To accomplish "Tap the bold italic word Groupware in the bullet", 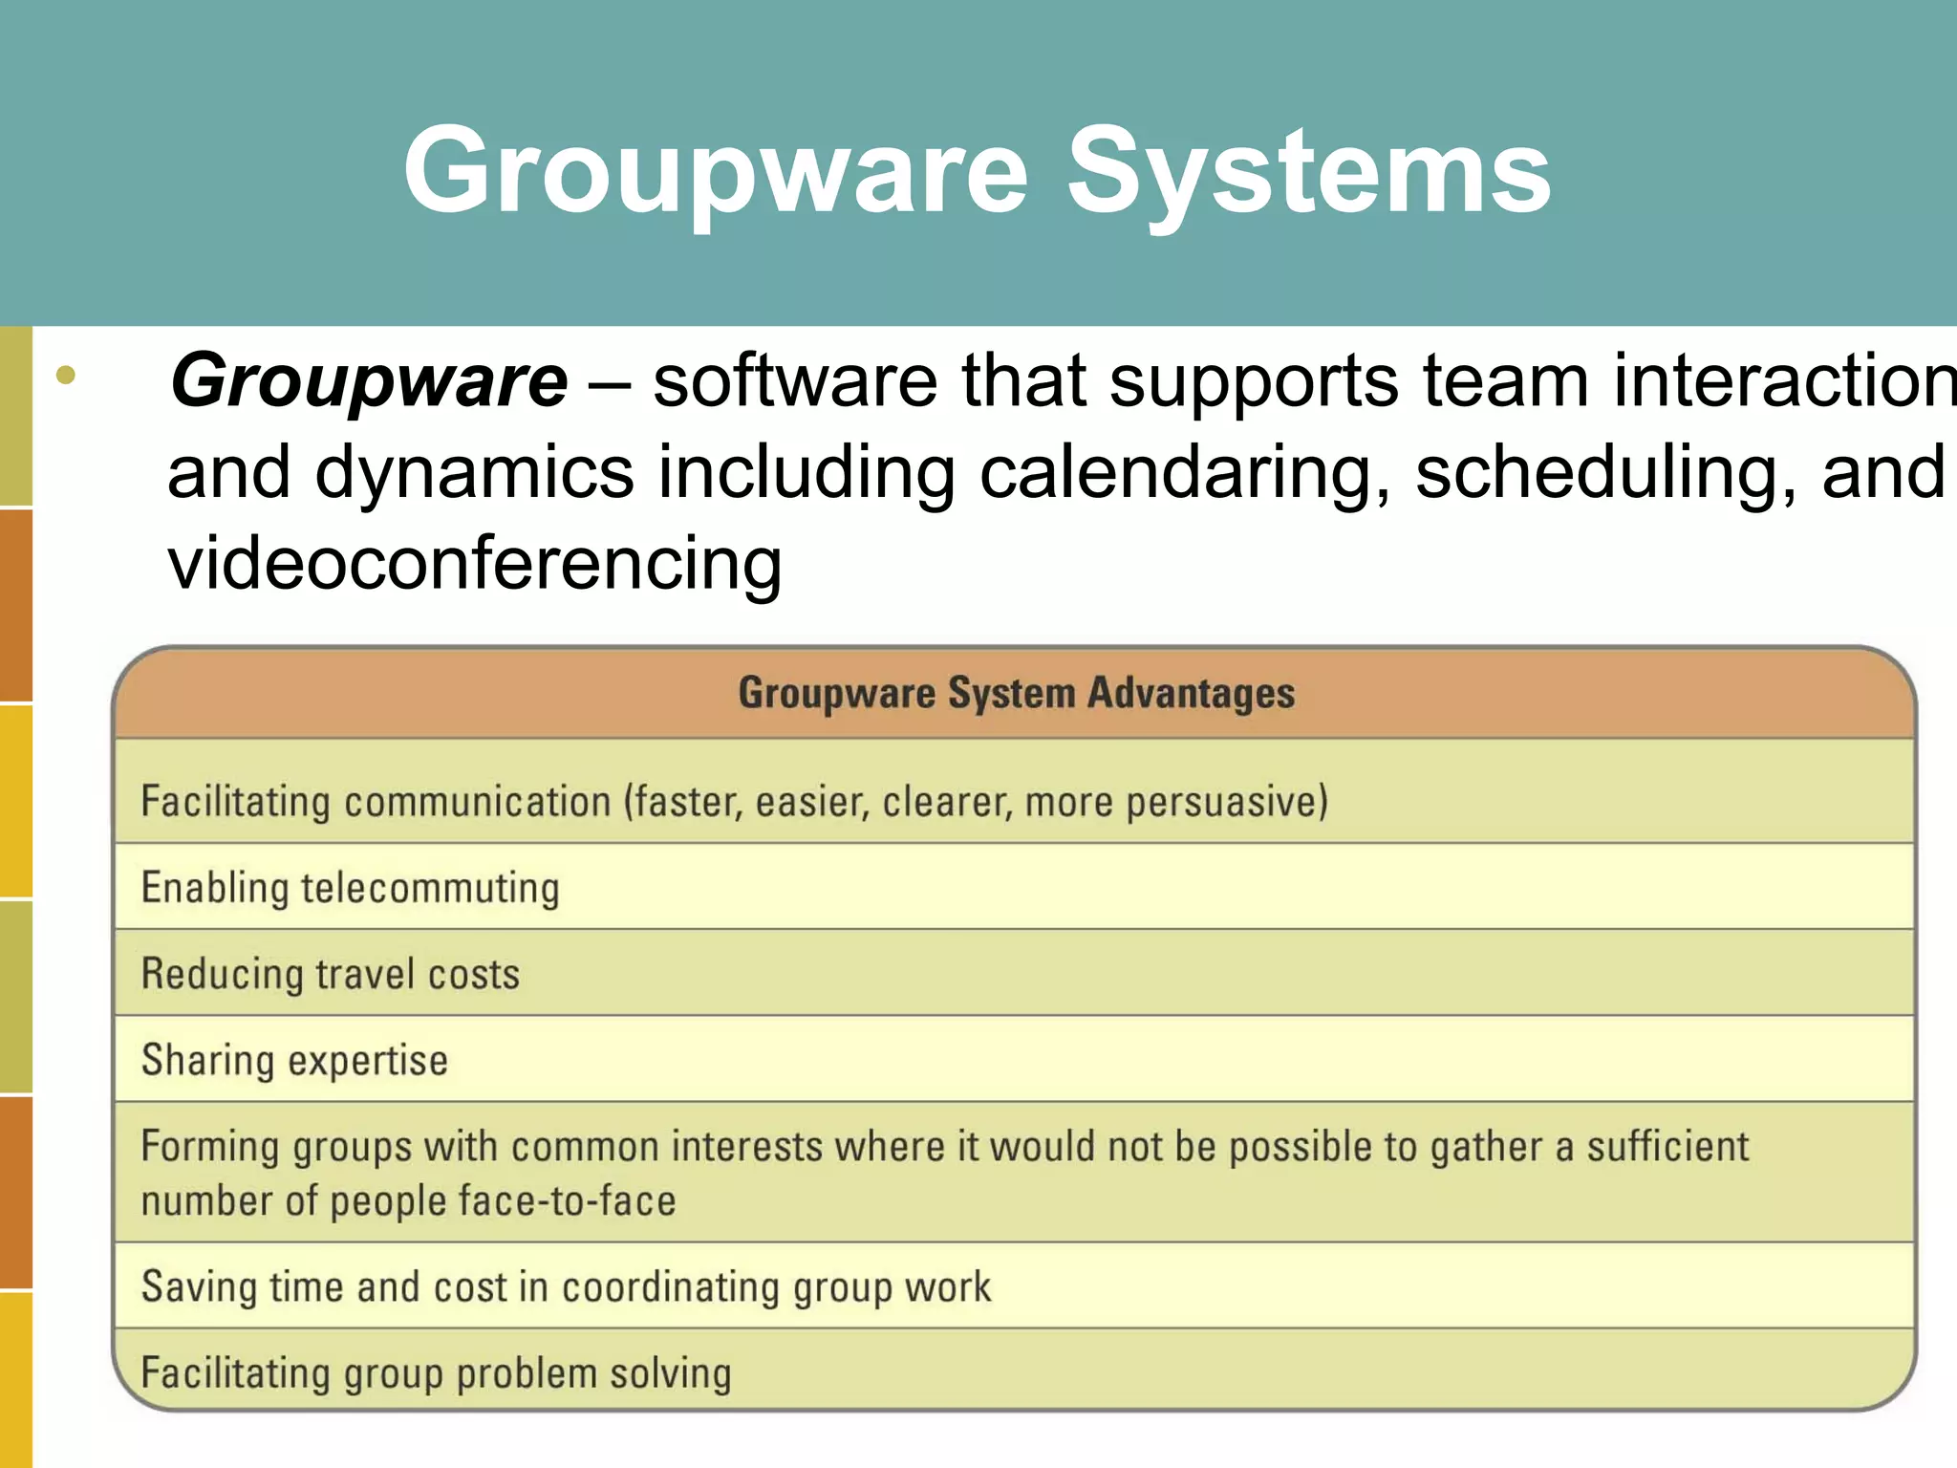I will pyautogui.click(x=369, y=380).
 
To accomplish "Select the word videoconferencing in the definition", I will pyautogui.click(x=475, y=564).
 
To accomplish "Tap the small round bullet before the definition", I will pyautogui.click(x=65, y=375).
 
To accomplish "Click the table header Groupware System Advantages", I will pyautogui.click(x=1016, y=693).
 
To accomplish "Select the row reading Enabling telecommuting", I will pyautogui.click(x=350, y=888).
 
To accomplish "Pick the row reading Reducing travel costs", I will pyautogui.click(x=331, y=974).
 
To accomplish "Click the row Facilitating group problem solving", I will pyautogui.click(x=436, y=1373).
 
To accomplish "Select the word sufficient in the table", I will pyautogui.click(x=1667, y=1147).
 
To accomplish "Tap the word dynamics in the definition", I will pyautogui.click(x=474, y=472).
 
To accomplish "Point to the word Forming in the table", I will pyautogui.click(x=209, y=1147).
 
